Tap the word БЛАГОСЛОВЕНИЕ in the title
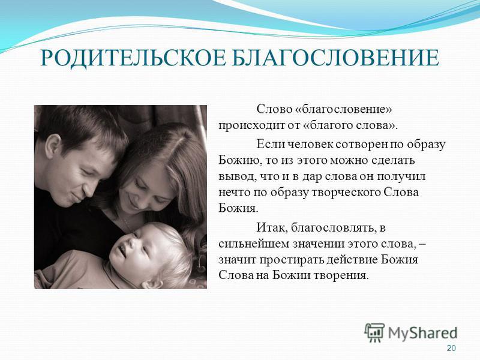[335, 58]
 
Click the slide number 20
[451, 348]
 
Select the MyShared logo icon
[374, 332]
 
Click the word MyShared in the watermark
[423, 333]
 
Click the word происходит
[251, 126]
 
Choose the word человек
[310, 144]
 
